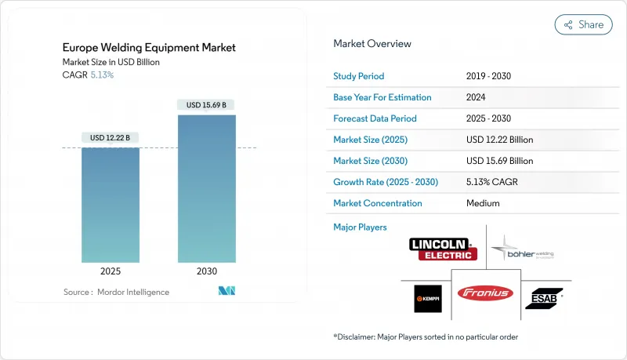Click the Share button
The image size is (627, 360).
[x=584, y=24]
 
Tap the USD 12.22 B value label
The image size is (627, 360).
[x=111, y=138]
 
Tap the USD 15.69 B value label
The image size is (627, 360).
[x=206, y=105]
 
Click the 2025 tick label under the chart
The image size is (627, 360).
[x=111, y=271]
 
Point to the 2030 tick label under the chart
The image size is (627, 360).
[x=206, y=271]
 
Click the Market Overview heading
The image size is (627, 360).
[x=372, y=44]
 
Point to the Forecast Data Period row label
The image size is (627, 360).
[x=375, y=119]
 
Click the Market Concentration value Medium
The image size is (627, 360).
[x=483, y=203]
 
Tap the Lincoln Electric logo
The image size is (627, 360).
[x=443, y=249]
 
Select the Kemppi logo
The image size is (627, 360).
[x=429, y=298]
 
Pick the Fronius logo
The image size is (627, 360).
[x=485, y=293]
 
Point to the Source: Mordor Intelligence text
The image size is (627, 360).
[x=116, y=293]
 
